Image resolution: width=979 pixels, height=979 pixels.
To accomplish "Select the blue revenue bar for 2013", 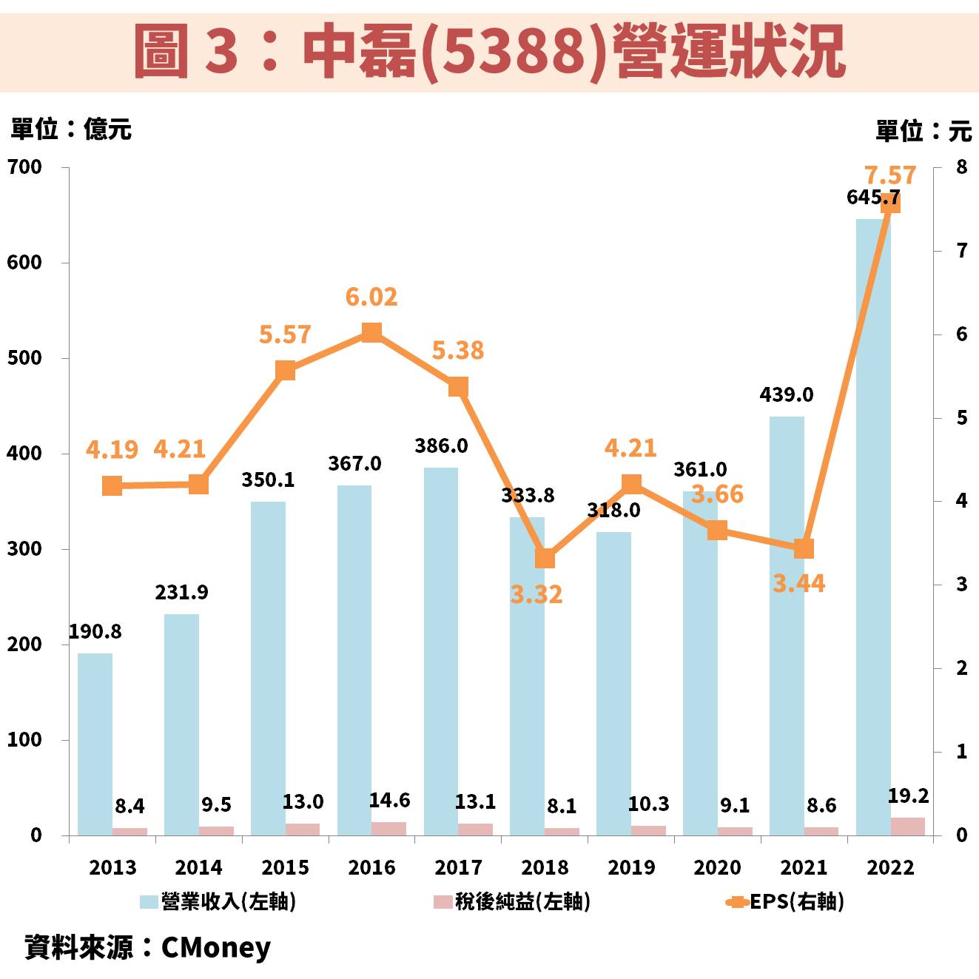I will (95, 744).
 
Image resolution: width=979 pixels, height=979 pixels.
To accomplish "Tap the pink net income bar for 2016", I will (388, 829).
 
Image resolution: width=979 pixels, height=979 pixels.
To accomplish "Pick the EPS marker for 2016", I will (371, 333).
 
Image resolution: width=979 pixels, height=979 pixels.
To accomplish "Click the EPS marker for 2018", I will (545, 559).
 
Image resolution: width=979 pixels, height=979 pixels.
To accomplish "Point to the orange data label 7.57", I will (890, 175).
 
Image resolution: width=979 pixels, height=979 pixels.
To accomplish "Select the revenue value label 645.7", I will (873, 198).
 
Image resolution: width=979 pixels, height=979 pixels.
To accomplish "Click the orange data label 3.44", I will (798, 584).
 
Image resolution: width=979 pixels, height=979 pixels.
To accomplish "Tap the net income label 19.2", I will (908, 796).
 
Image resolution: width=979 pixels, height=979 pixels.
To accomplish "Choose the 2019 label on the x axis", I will (631, 867).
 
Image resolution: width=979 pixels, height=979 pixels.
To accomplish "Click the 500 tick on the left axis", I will (24, 358).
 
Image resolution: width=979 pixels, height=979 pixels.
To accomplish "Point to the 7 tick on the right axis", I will (961, 251).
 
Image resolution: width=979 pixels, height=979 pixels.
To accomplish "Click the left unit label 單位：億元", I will (71, 129).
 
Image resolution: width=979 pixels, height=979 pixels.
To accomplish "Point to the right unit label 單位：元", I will (923, 131).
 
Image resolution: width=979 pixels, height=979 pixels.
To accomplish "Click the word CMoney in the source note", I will (216, 947).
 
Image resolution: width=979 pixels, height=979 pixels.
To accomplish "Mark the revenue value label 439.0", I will (786, 395).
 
